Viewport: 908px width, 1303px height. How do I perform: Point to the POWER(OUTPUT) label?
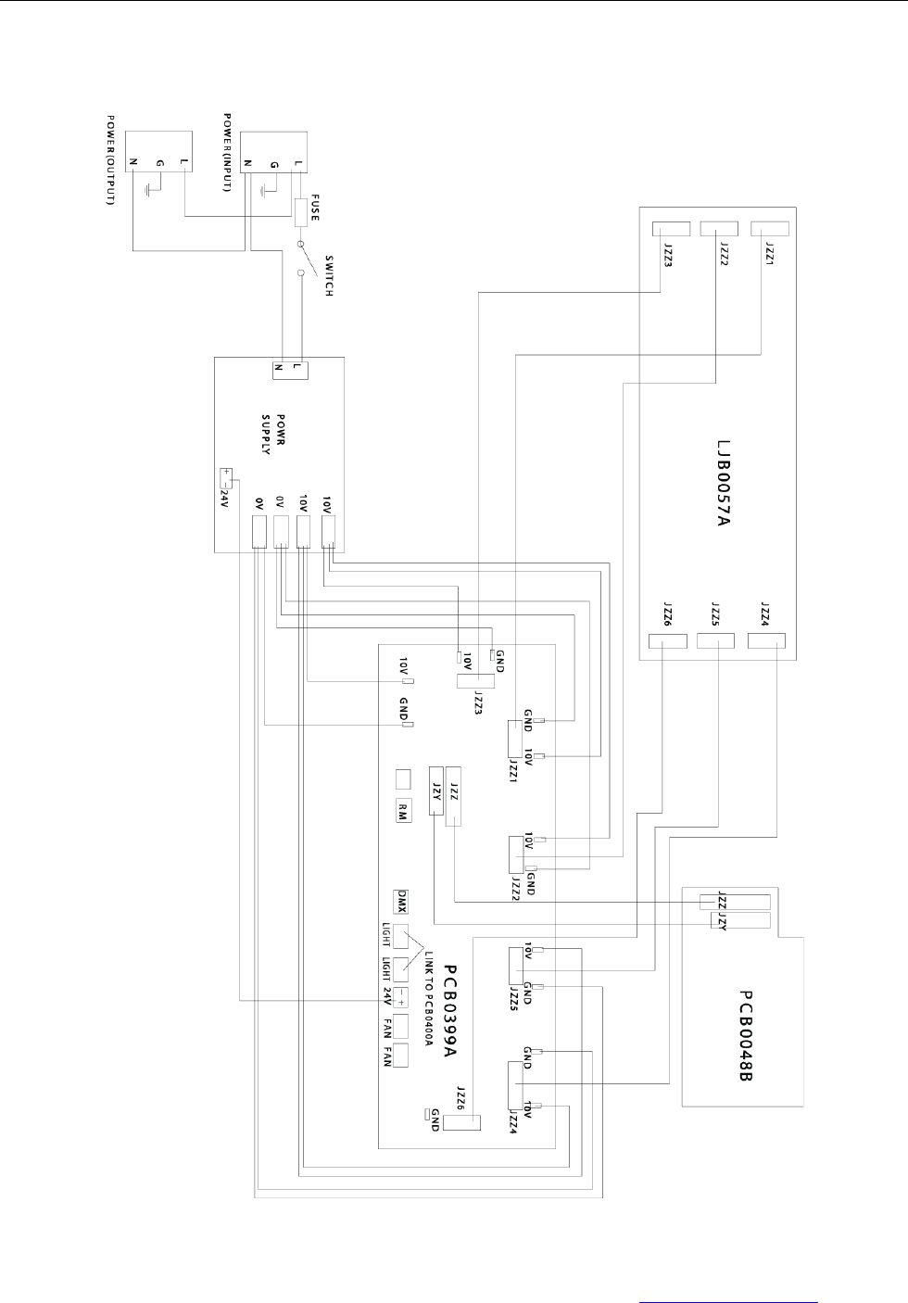(x=110, y=159)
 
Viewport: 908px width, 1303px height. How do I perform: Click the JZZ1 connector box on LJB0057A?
(x=768, y=228)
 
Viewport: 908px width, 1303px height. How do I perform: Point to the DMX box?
(x=402, y=900)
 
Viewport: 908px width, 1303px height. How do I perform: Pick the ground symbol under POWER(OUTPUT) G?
(x=148, y=192)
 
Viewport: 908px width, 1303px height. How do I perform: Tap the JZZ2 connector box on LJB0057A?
(x=718, y=228)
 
